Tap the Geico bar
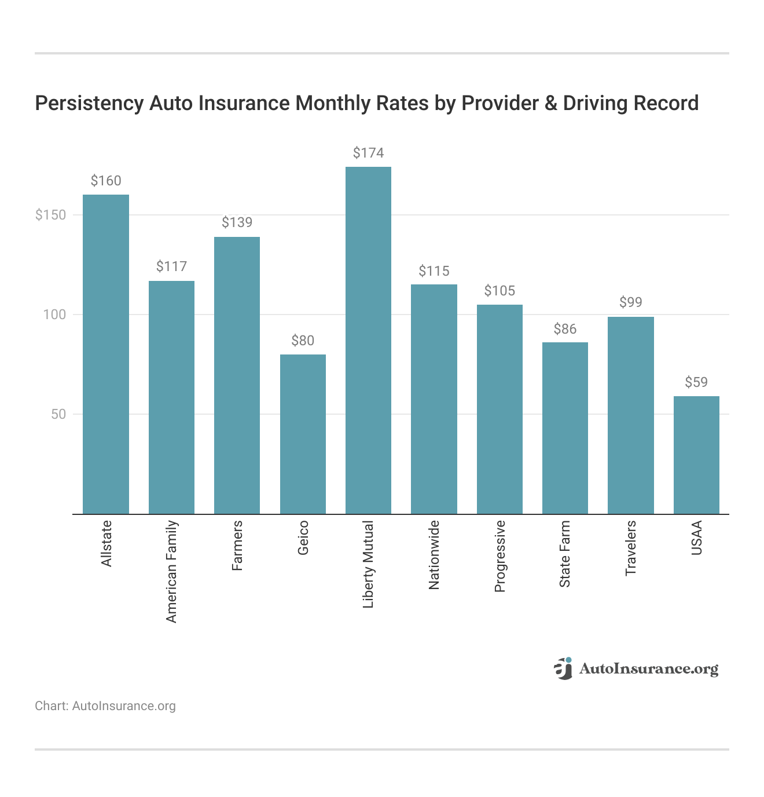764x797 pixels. pyautogui.click(x=303, y=434)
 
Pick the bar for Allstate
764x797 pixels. pyautogui.click(x=106, y=354)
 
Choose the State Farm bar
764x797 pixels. pyautogui.click(x=565, y=428)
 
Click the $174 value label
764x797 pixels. pyautogui.click(x=368, y=153)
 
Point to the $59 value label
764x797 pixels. pyautogui.click(x=696, y=382)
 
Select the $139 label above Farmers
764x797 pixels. pyautogui.click(x=237, y=222)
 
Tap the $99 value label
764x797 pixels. pyautogui.click(x=631, y=302)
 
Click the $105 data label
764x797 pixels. pyautogui.click(x=499, y=291)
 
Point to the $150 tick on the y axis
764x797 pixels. pyautogui.click(x=51, y=215)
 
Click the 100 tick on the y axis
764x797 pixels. pyautogui.click(x=55, y=315)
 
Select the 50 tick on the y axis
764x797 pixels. pyautogui.click(x=58, y=414)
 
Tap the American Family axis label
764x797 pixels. pyautogui.click(x=171, y=571)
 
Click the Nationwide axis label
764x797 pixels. pyautogui.click(x=434, y=555)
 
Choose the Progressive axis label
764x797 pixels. pyautogui.click(x=499, y=556)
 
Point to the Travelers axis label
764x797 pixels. pyautogui.click(x=631, y=548)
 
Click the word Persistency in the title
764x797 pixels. pyautogui.click(x=89, y=103)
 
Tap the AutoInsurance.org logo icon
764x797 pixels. pyautogui.click(x=563, y=668)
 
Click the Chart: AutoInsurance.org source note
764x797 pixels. pyautogui.click(x=105, y=706)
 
